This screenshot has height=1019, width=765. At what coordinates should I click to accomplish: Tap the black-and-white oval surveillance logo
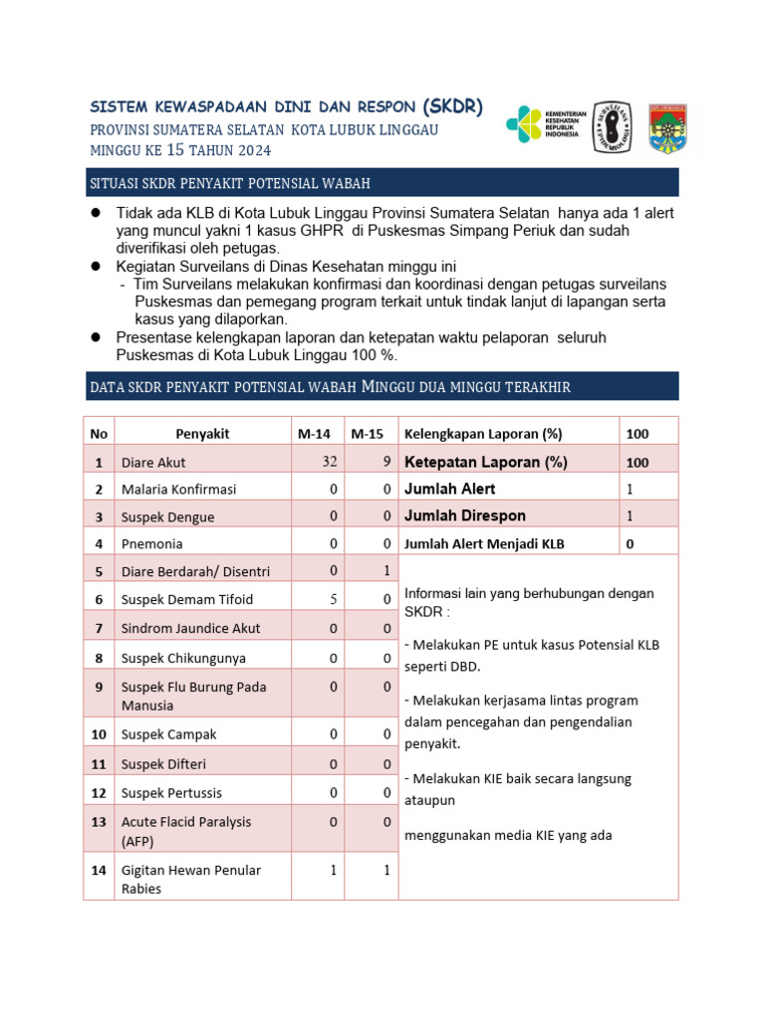(612, 127)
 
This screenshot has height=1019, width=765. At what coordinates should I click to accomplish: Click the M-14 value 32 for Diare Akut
(330, 461)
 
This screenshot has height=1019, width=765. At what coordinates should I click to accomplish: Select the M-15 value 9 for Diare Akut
(384, 461)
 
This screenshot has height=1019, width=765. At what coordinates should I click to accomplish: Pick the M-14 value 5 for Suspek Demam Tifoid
(333, 598)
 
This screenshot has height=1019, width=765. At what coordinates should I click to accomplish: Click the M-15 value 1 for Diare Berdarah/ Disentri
(386, 570)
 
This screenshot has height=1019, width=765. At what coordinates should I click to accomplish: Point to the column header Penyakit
(202, 434)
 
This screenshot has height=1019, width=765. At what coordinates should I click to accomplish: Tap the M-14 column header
(317, 434)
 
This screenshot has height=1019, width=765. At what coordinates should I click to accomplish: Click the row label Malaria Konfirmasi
(178, 490)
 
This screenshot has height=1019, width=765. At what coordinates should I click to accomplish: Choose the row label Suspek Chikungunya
(183, 658)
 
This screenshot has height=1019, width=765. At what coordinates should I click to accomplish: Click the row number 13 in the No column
(99, 822)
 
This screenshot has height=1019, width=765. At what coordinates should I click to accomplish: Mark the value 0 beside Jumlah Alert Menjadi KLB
(630, 543)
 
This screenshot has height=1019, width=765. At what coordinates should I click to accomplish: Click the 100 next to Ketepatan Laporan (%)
(637, 463)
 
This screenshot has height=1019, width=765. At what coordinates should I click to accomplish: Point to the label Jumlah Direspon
(464, 515)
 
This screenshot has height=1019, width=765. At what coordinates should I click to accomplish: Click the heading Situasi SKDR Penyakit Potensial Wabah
(230, 183)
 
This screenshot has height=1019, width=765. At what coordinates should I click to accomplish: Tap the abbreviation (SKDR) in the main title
(452, 106)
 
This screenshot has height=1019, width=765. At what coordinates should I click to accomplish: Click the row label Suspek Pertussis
(171, 793)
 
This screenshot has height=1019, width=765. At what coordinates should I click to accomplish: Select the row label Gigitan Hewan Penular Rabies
(190, 880)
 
